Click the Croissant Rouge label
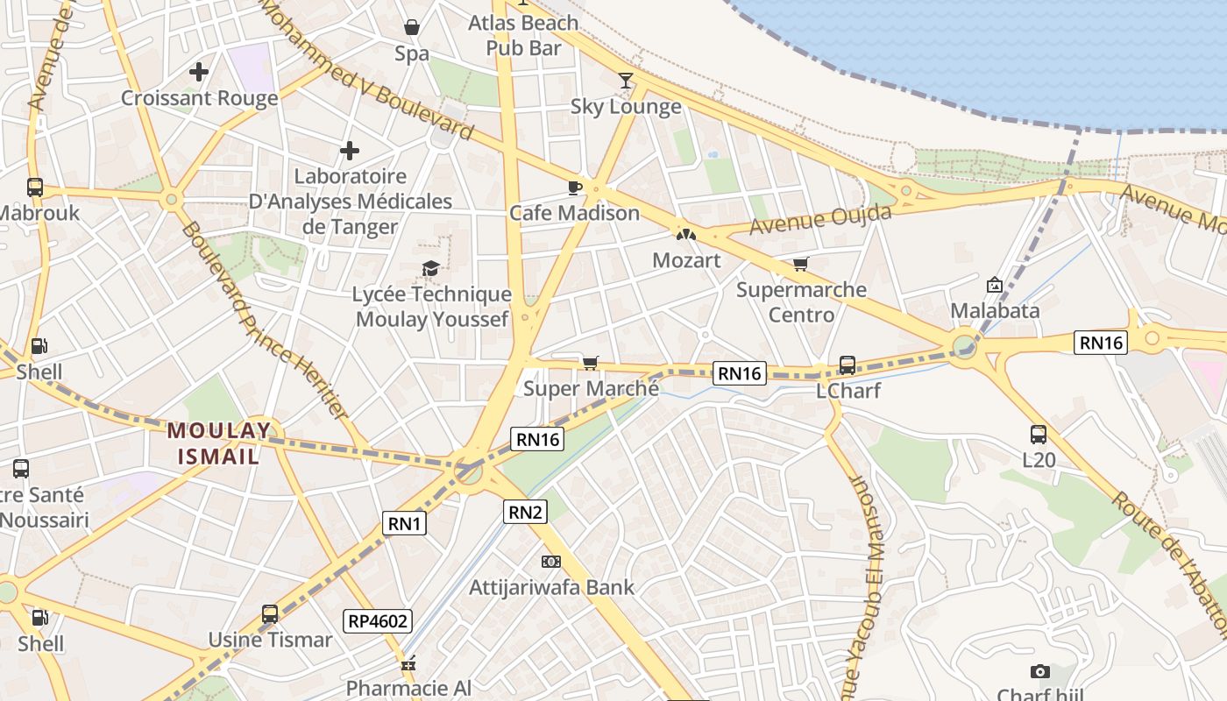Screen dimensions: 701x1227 pos(199,98)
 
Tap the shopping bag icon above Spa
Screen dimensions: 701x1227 pos(411,28)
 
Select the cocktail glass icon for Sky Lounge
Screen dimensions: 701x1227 pos(625,81)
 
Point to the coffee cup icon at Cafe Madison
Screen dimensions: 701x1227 pos(575,188)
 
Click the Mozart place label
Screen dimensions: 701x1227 pos(686,260)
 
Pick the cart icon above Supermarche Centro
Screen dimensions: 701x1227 pos(800,264)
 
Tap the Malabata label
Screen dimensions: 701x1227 pos(995,310)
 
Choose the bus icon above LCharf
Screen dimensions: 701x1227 pos(847,365)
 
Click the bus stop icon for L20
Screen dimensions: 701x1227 pos(1039,434)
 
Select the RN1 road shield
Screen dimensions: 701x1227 pos(405,524)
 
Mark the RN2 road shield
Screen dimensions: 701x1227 pos(525,512)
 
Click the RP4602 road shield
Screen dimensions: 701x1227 pos(378,621)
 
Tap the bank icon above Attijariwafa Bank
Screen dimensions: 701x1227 pos(550,561)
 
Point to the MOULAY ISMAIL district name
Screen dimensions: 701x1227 pos(219,443)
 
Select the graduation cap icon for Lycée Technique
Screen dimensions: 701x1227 pos(430,268)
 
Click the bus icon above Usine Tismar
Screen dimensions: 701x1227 pos(270,614)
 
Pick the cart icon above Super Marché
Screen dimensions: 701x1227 pos(591,363)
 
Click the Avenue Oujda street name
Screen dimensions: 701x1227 pos(820,220)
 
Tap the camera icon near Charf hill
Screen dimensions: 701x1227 pos(1040,672)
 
